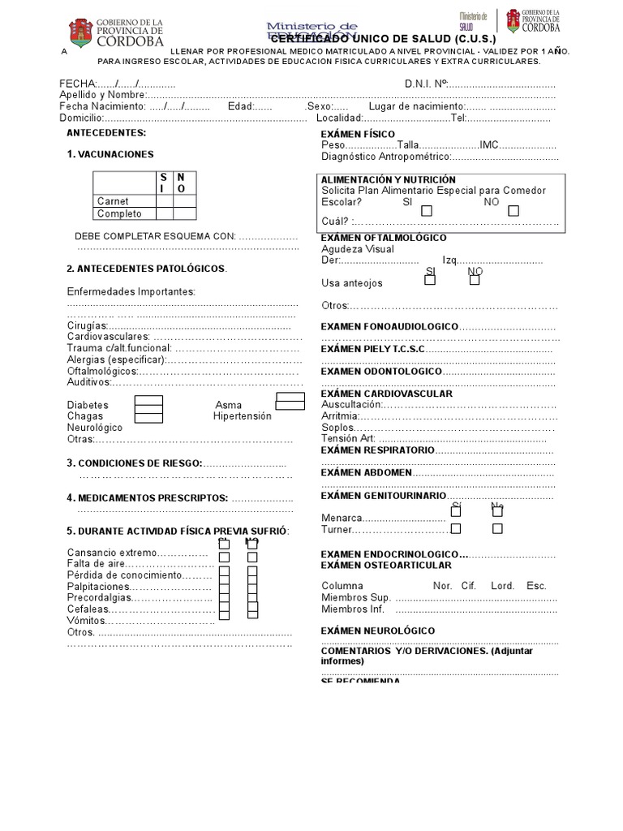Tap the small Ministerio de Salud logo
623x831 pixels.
[473, 22]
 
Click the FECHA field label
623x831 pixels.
[77, 84]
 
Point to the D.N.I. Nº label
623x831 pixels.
[425, 84]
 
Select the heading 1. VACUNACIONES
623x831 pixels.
[110, 154]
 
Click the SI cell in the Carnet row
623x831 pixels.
[165, 200]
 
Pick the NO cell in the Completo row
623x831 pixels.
[184, 213]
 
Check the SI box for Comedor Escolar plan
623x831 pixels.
[427, 211]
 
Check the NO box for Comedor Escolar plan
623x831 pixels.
[513, 211]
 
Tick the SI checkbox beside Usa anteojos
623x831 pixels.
[431, 282]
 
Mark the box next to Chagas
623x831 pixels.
[148, 416]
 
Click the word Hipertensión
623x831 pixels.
[242, 416]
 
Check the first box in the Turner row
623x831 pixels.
[456, 528]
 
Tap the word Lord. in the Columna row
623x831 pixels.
[502, 585]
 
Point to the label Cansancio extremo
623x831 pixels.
[110, 553]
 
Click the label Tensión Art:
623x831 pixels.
[349, 438]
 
